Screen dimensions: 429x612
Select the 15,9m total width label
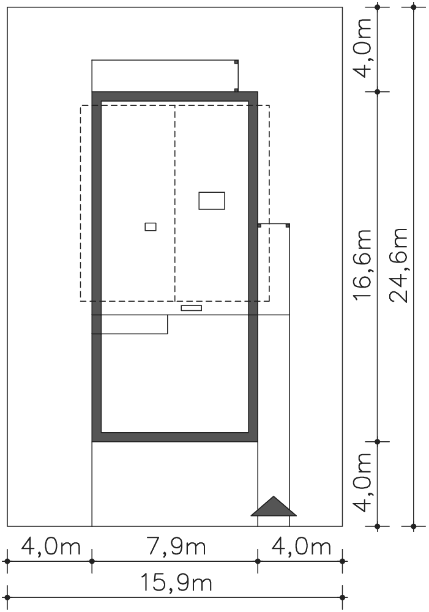(x=176, y=583)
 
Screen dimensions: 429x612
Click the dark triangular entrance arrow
(x=274, y=507)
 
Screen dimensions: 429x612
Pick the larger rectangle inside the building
(x=212, y=201)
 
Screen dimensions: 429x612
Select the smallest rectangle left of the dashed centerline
(x=151, y=226)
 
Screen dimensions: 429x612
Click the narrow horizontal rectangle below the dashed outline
(x=192, y=308)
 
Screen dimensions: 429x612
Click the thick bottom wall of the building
(x=175, y=438)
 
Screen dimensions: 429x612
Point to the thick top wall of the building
(x=175, y=97)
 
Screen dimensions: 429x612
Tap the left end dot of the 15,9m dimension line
(x=7, y=597)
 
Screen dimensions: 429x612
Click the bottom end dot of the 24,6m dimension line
(x=414, y=526)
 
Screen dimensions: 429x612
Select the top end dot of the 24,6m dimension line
(x=414, y=7)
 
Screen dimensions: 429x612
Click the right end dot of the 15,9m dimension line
(x=343, y=597)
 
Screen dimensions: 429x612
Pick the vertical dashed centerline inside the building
(x=175, y=203)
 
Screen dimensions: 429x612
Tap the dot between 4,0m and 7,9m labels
(x=92, y=561)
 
